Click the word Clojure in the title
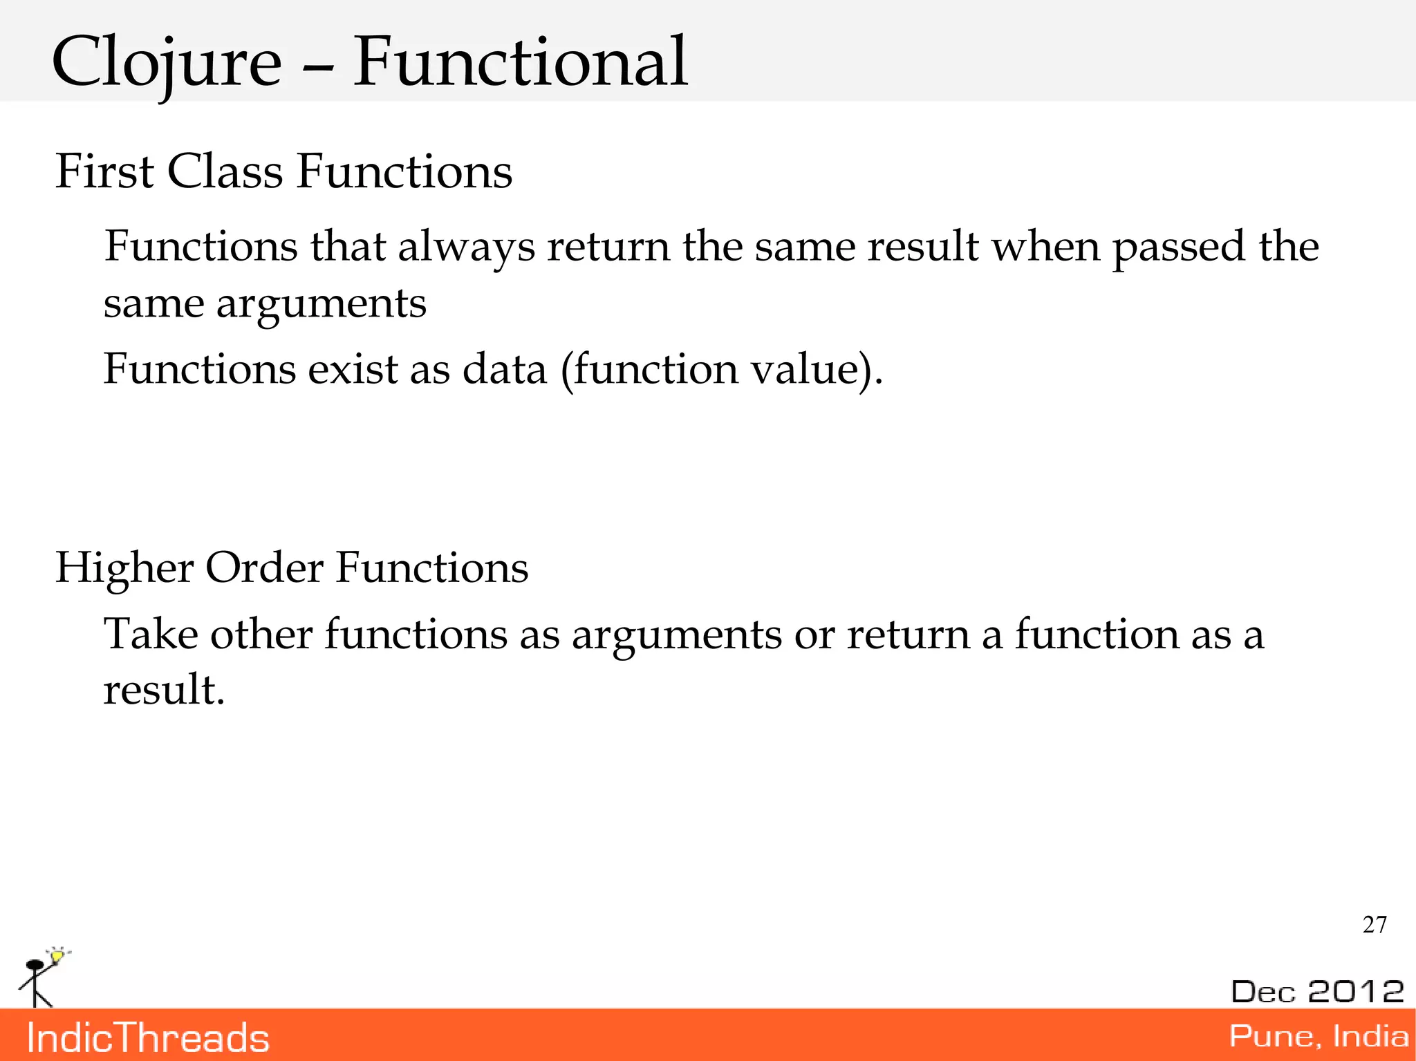point(167,64)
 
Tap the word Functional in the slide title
point(520,64)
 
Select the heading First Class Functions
point(283,171)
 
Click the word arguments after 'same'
point(321,305)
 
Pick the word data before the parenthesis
point(504,368)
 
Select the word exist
point(353,368)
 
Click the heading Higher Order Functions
point(291,568)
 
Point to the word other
point(261,634)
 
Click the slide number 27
point(1374,925)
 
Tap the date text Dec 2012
point(1316,991)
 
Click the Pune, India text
point(1318,1036)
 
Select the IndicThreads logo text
point(147,1038)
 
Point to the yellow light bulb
point(57,956)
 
